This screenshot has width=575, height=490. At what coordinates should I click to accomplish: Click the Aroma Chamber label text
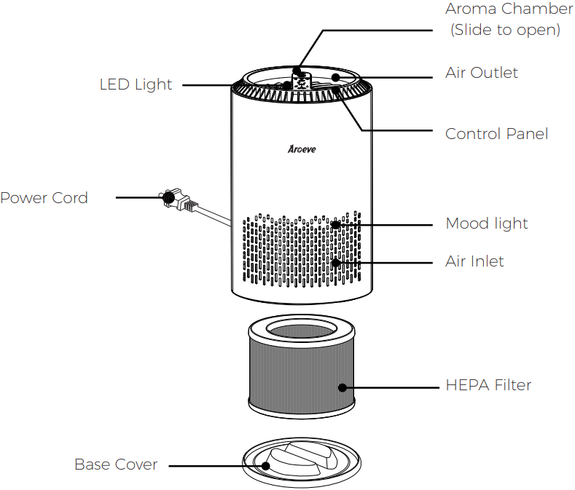point(509,9)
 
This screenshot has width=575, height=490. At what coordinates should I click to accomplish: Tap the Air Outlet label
point(481,73)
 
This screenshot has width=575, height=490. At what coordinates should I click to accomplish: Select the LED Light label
point(136,84)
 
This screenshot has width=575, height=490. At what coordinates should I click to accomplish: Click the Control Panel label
point(496,134)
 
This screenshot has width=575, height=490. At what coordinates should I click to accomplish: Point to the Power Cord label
point(44,198)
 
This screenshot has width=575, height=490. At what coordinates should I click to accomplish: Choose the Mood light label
point(486,224)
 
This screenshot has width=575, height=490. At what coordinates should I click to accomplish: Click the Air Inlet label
point(474,261)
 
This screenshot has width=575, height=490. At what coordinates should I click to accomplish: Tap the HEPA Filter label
point(488,385)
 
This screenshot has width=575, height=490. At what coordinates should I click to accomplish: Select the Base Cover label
point(116,465)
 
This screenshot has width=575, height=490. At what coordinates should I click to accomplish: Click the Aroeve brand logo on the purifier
point(301,150)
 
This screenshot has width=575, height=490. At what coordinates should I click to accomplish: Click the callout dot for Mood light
point(335,224)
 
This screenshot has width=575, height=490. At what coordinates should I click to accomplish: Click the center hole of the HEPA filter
point(301,330)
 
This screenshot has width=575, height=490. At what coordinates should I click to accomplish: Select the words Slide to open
point(505,30)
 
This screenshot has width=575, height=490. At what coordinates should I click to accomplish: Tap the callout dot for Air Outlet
point(335,76)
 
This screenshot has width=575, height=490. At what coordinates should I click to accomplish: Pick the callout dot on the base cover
point(267,465)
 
